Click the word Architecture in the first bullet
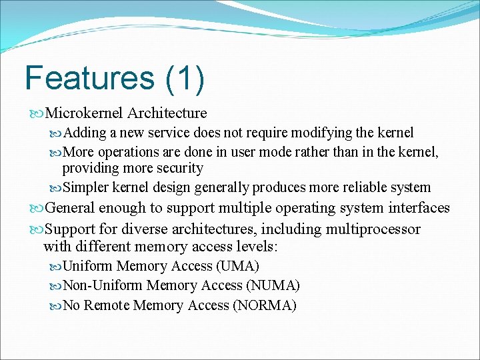click(x=167, y=113)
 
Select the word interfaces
click(x=418, y=208)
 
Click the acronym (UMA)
click(x=237, y=266)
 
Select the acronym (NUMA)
click(x=273, y=285)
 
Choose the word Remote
click(x=107, y=305)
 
